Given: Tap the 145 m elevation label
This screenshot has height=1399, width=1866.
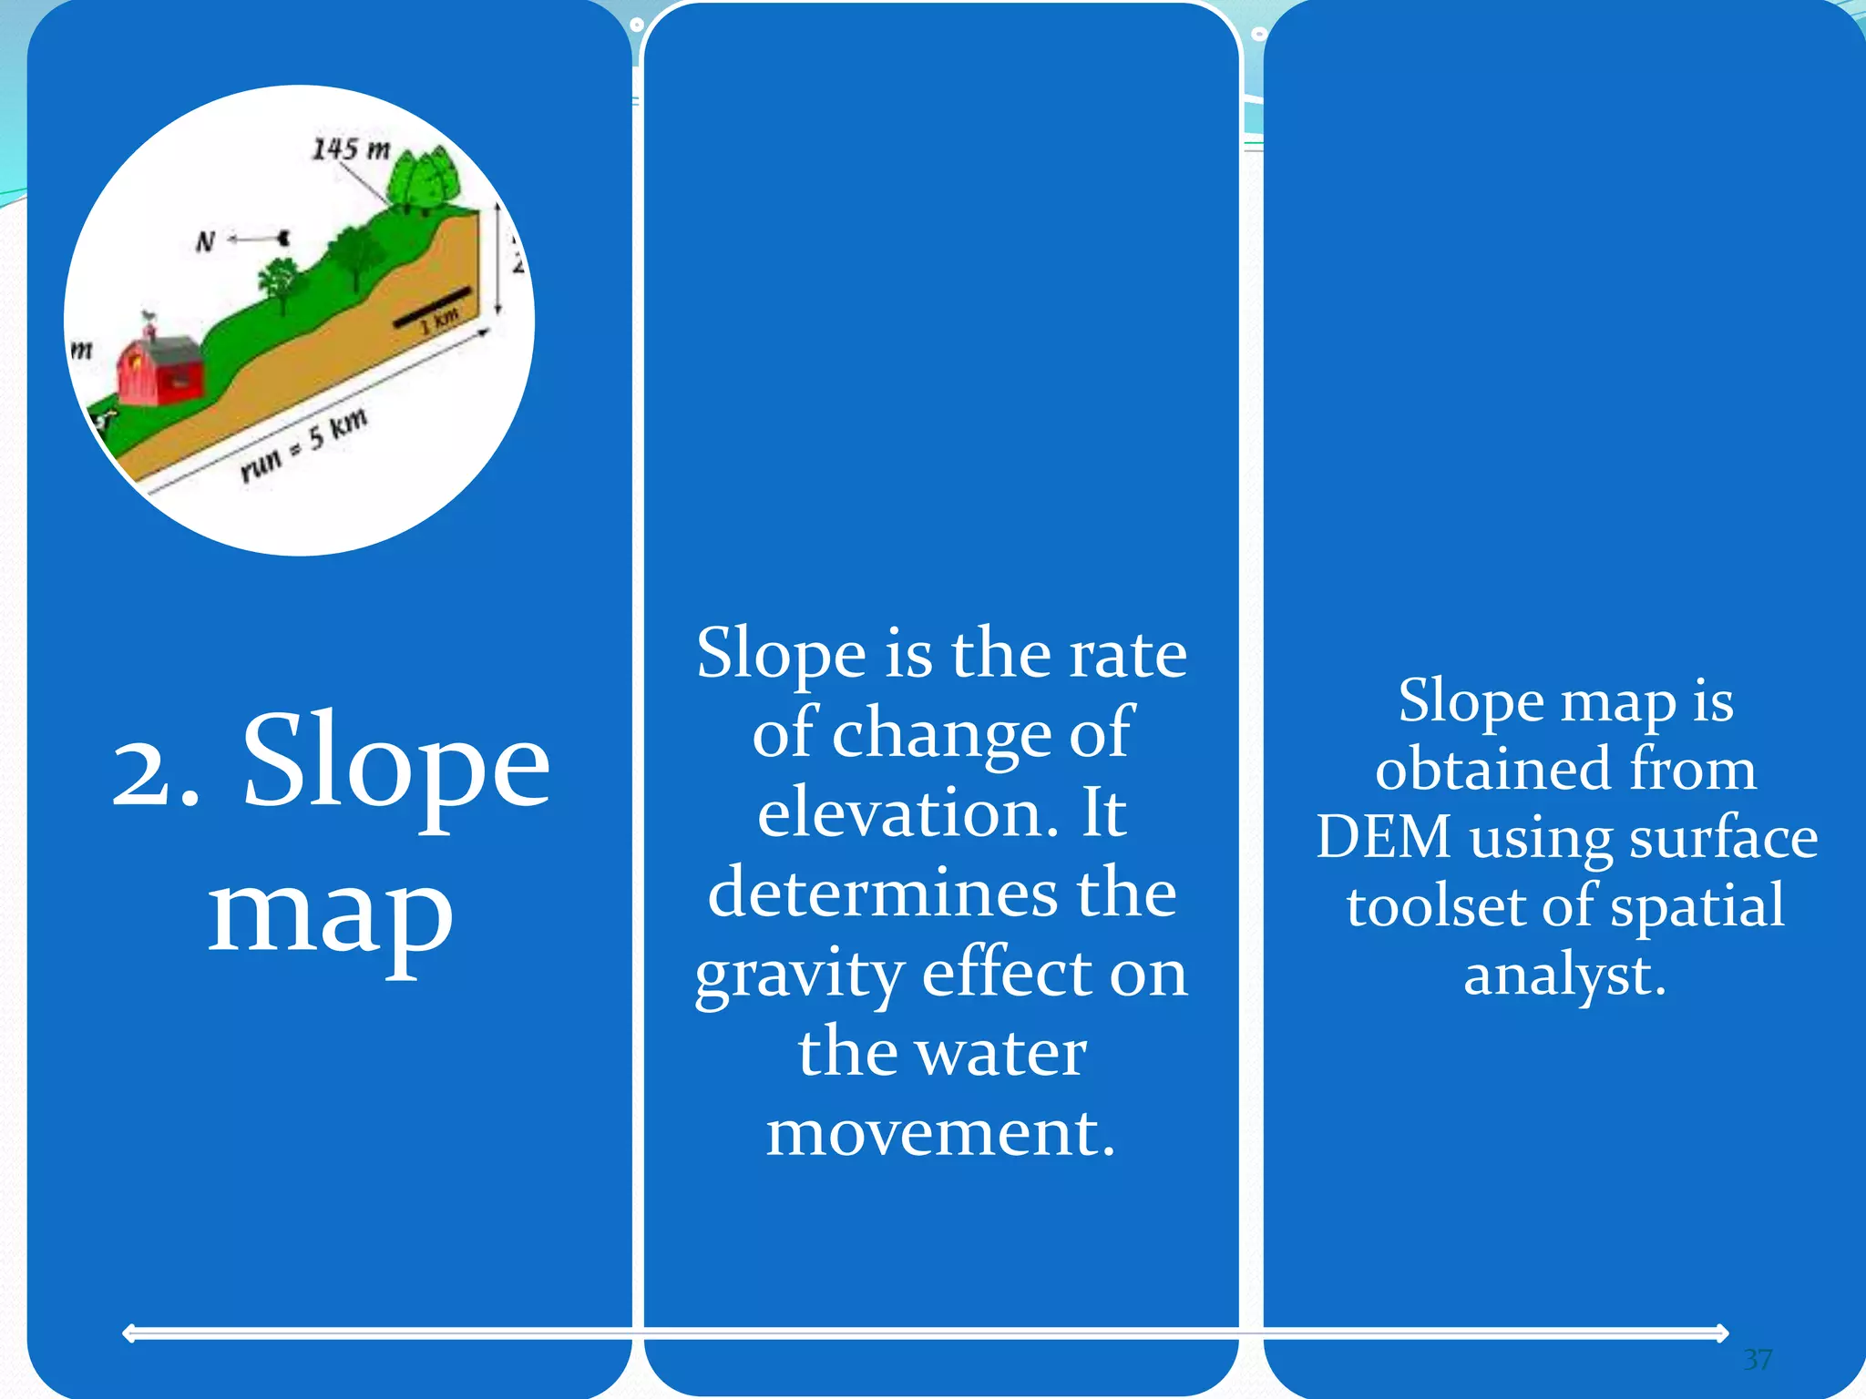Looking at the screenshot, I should (351, 148).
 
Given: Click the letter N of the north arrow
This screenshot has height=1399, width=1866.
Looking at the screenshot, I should (205, 242).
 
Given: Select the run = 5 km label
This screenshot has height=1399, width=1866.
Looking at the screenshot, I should (303, 444).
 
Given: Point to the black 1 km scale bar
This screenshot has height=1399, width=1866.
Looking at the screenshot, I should (432, 308).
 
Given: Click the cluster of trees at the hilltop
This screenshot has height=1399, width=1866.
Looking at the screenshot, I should (423, 179).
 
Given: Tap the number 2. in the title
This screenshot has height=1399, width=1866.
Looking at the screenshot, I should (155, 771).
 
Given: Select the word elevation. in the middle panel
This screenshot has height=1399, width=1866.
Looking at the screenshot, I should (907, 812).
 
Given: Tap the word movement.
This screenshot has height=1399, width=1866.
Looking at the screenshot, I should (940, 1133).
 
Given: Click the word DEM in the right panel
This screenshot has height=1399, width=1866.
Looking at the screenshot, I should (1383, 836).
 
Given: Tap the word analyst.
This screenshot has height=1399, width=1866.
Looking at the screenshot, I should (1564, 975).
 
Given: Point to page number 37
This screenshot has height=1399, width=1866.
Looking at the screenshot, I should (1758, 1359).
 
